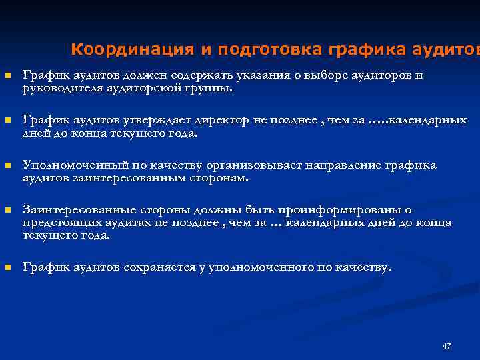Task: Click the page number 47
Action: pos(447,346)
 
